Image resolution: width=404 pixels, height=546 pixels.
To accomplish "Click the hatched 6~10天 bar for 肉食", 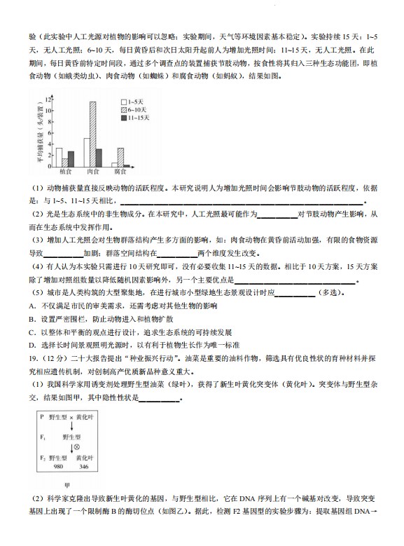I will pyautogui.click(x=92, y=134).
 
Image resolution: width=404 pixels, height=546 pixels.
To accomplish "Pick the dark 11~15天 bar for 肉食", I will pyautogui.click(x=99, y=157).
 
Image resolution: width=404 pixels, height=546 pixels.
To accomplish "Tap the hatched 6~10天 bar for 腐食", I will pyautogui.click(x=120, y=156).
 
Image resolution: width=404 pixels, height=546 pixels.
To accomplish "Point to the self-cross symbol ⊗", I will pyautogui.click(x=76, y=445).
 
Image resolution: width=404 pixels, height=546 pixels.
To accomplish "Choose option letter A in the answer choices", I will pyautogui.click(x=32, y=306).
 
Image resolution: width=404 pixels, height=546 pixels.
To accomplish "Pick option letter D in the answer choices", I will pyautogui.click(x=32, y=345).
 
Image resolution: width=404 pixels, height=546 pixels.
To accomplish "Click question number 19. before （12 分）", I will pyautogui.click(x=34, y=357).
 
